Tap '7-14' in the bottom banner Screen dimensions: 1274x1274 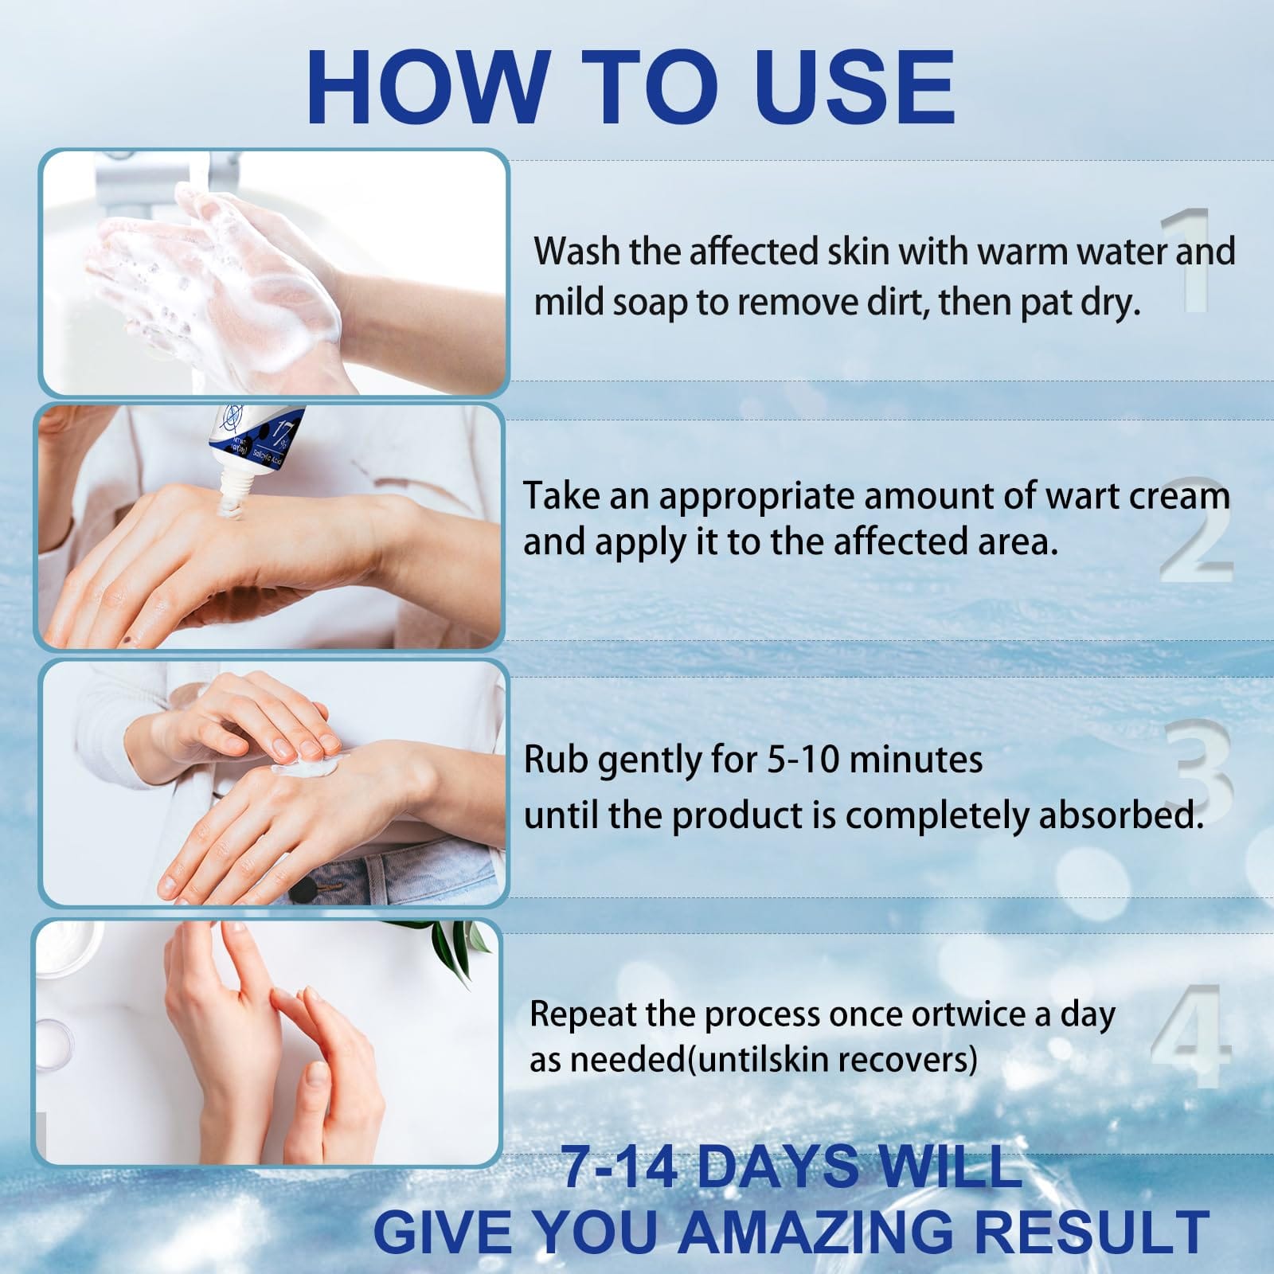[x=620, y=1168]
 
